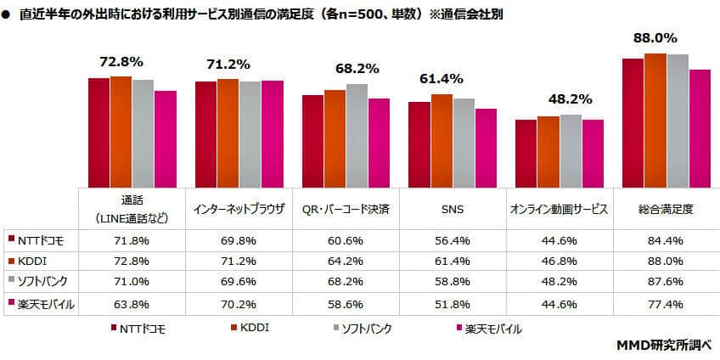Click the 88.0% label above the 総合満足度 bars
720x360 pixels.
pos(654,38)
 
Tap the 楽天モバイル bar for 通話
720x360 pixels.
pos(166,138)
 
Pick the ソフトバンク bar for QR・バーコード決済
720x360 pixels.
pos(357,135)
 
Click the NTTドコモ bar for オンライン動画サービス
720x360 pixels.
pos(526,153)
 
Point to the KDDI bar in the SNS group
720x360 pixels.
pos(442,140)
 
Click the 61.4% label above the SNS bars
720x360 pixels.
pos(441,79)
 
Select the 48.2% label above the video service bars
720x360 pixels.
pos(548,98)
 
